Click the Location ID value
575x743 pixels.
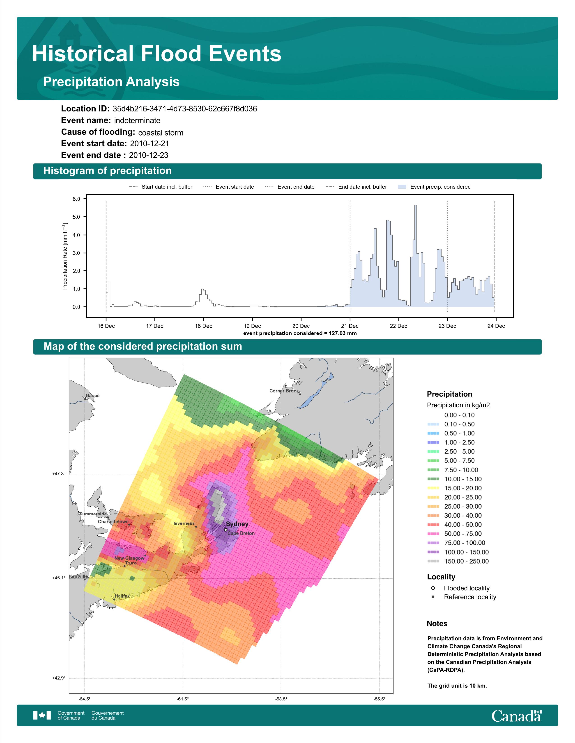click(185, 109)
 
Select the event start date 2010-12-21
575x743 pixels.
click(149, 144)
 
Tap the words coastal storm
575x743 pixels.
click(161, 133)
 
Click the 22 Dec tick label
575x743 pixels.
click(398, 326)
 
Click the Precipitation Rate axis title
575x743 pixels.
click(65, 256)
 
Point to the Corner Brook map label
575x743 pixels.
click(284, 391)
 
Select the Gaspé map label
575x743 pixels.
click(93, 396)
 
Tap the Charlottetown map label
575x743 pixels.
click(113, 521)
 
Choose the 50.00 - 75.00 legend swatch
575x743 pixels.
click(433, 534)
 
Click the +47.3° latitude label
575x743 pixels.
click(59, 473)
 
